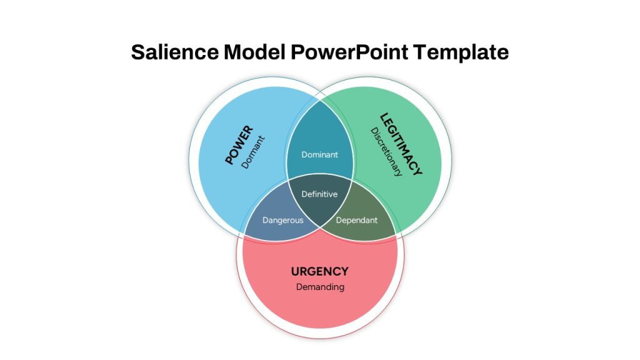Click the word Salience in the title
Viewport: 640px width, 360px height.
click(175, 52)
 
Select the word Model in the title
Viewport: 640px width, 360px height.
click(254, 52)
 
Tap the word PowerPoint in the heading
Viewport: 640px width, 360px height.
click(349, 52)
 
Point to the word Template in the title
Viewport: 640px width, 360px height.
click(461, 52)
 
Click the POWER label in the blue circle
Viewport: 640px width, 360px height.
click(239, 145)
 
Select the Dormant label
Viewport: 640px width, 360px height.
click(253, 152)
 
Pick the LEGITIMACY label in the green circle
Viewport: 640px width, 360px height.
click(401, 144)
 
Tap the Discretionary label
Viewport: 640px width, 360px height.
click(386, 152)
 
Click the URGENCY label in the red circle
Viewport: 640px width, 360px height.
click(319, 271)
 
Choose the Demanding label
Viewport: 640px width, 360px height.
click(320, 287)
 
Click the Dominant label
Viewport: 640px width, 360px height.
click(319, 155)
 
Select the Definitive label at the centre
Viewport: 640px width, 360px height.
click(319, 194)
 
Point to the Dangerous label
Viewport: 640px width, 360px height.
click(283, 221)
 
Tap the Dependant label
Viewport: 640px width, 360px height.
click(357, 221)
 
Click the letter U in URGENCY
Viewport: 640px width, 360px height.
click(295, 271)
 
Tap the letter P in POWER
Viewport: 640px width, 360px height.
click(229, 159)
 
